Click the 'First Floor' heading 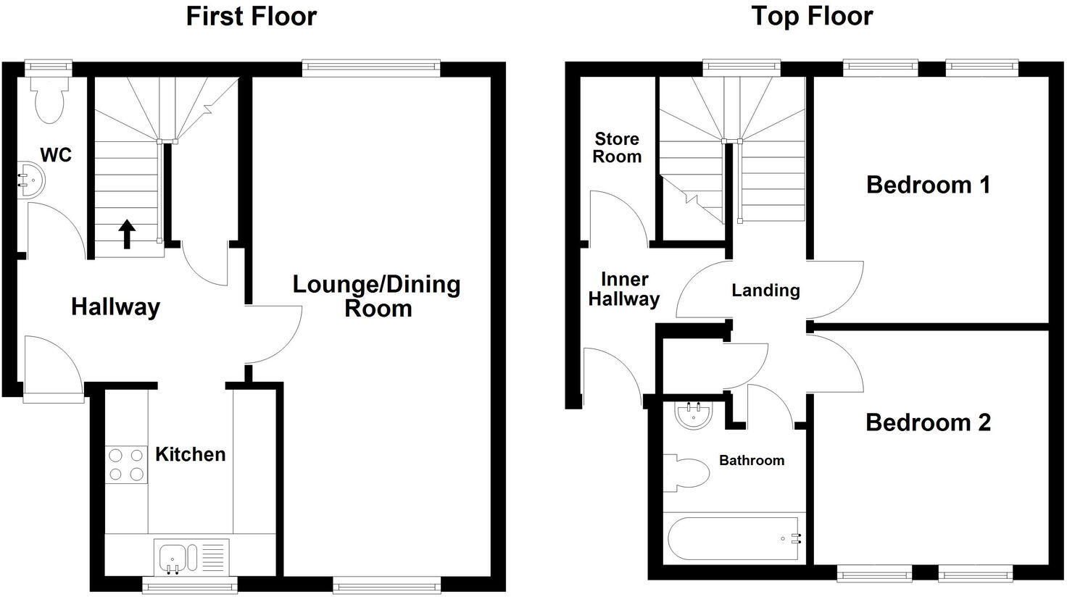pyautogui.click(x=251, y=16)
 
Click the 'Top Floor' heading pyautogui.click(x=811, y=16)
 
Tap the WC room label pyautogui.click(x=56, y=155)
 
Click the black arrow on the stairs pyautogui.click(x=127, y=234)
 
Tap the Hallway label pyautogui.click(x=115, y=307)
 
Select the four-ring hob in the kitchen pyautogui.click(x=126, y=464)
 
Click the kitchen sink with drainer pyautogui.click(x=191, y=556)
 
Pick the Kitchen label pyautogui.click(x=191, y=454)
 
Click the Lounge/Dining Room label pyautogui.click(x=376, y=296)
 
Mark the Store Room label pyautogui.click(x=617, y=147)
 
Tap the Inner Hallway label pyautogui.click(x=623, y=289)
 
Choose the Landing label pyautogui.click(x=765, y=291)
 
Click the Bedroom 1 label pyautogui.click(x=928, y=185)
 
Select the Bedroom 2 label pyautogui.click(x=928, y=422)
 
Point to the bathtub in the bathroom pyautogui.click(x=732, y=538)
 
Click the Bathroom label pyautogui.click(x=751, y=460)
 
